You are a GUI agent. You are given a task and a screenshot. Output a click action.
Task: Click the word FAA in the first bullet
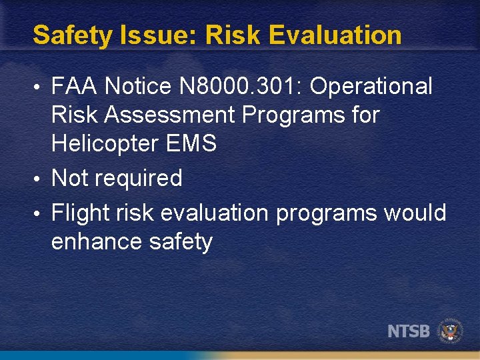74,86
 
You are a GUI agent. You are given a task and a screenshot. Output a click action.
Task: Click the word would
414,213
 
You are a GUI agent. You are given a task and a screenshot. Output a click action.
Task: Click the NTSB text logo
409,331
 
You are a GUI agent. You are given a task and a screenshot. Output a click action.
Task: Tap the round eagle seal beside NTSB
450,331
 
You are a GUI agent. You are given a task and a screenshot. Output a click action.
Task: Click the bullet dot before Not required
41,179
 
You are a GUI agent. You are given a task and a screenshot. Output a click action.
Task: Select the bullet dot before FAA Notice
41,87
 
